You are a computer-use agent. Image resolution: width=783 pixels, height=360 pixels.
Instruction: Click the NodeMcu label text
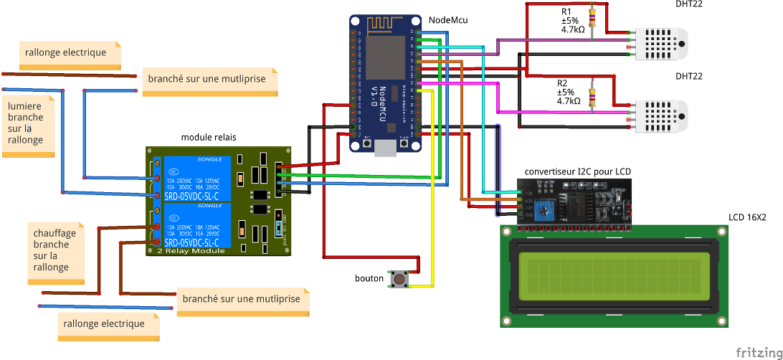(448, 20)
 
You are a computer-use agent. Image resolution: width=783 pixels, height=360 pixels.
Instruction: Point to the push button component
(399, 279)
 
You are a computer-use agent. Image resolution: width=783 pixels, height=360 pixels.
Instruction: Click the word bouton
(369, 278)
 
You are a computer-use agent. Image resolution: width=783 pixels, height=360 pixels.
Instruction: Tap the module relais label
(208, 137)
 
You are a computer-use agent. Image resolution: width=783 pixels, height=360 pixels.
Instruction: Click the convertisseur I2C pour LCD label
(578, 171)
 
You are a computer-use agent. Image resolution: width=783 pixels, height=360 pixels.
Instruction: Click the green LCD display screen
(614, 275)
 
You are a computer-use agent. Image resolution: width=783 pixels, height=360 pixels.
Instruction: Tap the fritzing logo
(759, 352)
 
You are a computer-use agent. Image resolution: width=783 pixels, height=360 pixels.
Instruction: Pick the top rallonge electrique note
(65, 52)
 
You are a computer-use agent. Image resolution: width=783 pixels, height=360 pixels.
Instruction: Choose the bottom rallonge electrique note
(104, 323)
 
